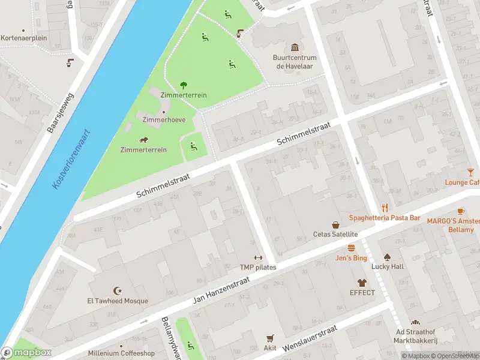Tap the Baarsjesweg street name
[x=60, y=112]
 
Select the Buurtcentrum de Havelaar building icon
[x=295, y=47]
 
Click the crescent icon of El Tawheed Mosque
[x=117, y=290]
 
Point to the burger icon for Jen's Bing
[x=351, y=247]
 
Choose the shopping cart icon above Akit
[x=270, y=338]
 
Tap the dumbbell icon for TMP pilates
[x=259, y=257]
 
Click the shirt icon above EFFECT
[x=362, y=283]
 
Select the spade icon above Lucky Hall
[x=387, y=256]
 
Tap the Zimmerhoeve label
[x=164, y=120]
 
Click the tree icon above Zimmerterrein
[x=183, y=85]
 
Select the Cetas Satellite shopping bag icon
[x=335, y=224]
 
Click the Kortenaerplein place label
[x=23, y=38]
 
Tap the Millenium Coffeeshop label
[x=121, y=353]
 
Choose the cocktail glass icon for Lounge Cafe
[x=470, y=172]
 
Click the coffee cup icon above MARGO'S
[x=460, y=211]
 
